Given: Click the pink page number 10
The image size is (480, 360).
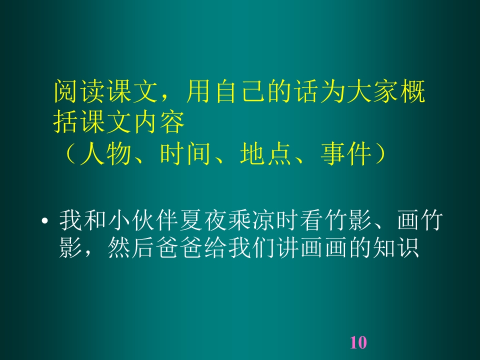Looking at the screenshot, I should pos(358,342).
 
